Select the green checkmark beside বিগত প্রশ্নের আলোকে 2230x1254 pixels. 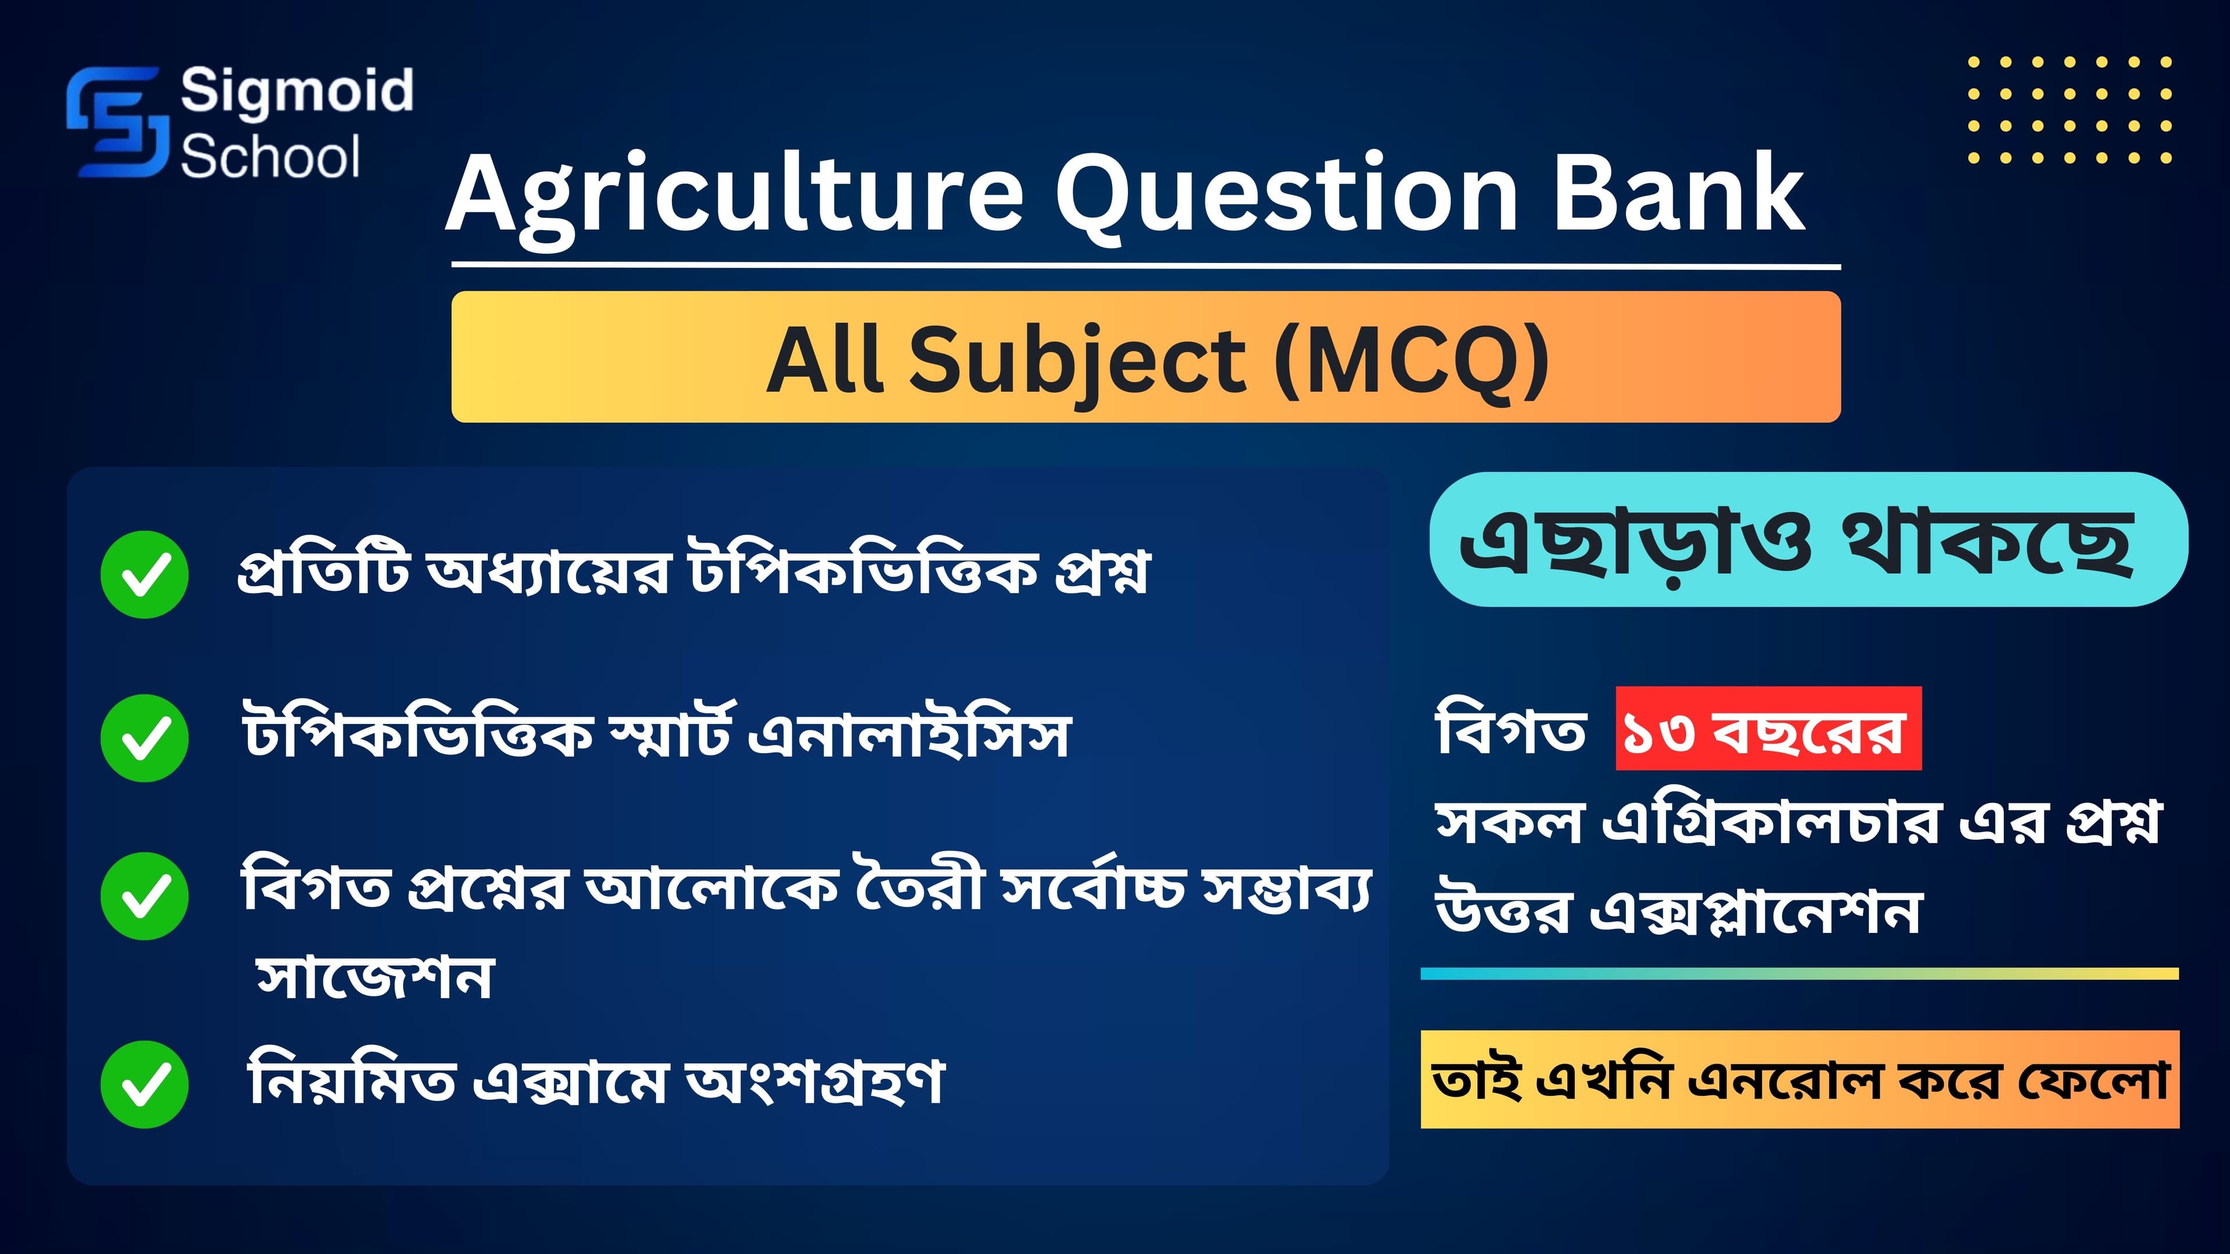tap(145, 896)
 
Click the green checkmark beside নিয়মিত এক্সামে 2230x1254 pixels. tap(145, 1084)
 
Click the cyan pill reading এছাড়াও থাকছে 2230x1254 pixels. tap(1808, 539)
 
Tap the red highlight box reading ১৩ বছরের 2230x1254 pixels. tap(1768, 729)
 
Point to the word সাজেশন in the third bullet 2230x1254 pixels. tap(375, 977)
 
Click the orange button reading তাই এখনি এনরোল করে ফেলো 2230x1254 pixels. tap(1800, 1079)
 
